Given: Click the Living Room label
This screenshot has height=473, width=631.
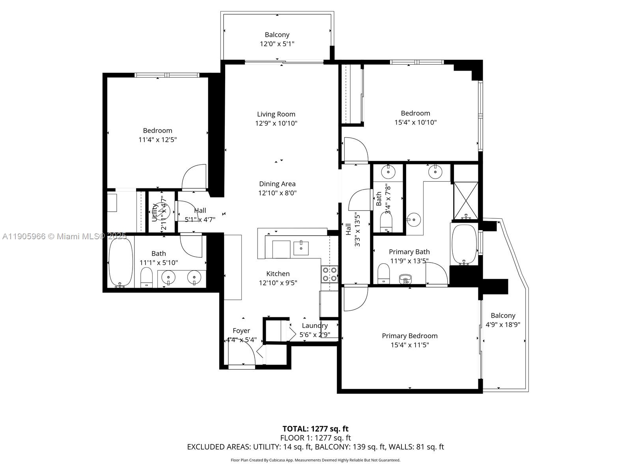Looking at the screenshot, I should tap(276, 114).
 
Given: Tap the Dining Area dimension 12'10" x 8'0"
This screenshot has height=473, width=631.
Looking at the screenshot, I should tap(277, 193).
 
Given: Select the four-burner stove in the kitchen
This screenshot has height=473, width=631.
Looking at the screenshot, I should tap(330, 274).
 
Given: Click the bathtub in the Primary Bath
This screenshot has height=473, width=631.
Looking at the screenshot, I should tap(464, 244).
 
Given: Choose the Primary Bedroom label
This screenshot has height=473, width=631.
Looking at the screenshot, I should tap(409, 336).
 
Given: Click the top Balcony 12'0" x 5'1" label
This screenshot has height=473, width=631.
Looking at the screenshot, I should tap(277, 39).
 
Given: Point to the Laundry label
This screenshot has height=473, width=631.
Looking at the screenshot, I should tap(314, 326).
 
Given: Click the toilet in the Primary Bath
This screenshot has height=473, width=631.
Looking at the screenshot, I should tap(383, 273).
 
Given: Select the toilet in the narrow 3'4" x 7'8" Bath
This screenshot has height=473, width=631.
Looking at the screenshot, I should tap(386, 223).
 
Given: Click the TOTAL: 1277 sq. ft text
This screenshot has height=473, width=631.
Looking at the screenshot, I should tap(315, 429).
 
